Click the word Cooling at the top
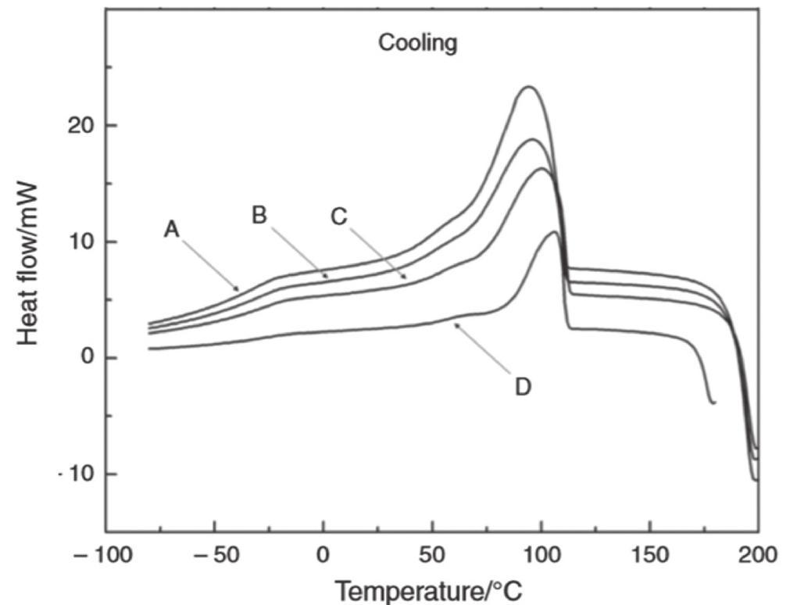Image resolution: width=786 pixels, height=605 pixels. click(x=417, y=43)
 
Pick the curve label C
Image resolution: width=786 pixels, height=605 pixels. click(x=338, y=217)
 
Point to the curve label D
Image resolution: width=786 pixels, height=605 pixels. click(x=523, y=385)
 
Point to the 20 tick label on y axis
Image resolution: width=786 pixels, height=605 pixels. click(x=79, y=125)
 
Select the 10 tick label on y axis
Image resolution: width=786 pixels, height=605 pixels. click(x=79, y=242)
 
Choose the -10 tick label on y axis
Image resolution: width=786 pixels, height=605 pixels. click(x=77, y=474)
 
